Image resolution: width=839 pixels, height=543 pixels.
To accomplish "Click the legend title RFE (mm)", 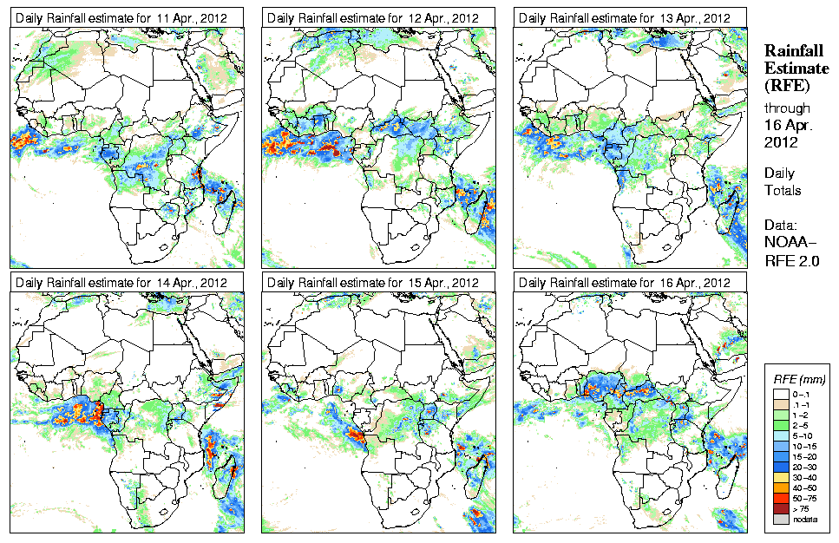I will (x=799, y=379).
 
